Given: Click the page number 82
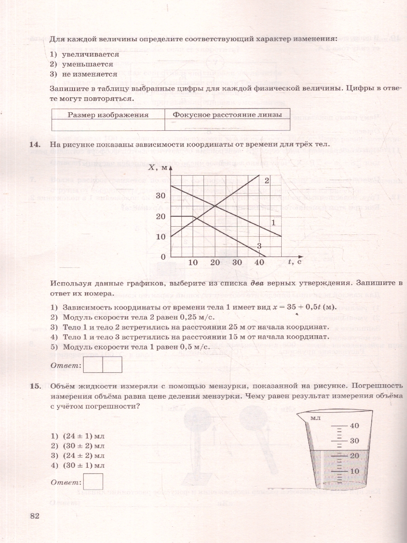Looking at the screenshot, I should click(x=35, y=516).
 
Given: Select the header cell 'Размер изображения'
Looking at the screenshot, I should click(x=108, y=114).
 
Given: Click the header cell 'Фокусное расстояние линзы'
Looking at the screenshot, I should click(x=227, y=114).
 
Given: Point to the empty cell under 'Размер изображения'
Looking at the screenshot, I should click(x=108, y=125).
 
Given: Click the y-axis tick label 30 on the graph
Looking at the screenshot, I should click(x=161, y=195).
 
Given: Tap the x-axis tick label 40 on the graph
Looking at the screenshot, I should click(x=260, y=262).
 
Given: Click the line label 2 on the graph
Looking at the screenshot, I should click(x=267, y=181).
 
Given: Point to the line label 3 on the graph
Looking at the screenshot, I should click(x=259, y=246).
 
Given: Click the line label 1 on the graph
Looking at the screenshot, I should click(x=273, y=222).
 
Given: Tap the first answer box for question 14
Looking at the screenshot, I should click(x=94, y=364).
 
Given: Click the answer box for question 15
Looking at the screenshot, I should click(x=94, y=481).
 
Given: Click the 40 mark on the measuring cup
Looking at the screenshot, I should click(x=355, y=426).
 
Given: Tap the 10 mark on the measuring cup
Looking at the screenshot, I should click(x=355, y=471).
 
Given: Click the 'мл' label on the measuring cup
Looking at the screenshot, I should click(x=315, y=418).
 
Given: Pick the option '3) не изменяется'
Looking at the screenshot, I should click(x=83, y=74).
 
